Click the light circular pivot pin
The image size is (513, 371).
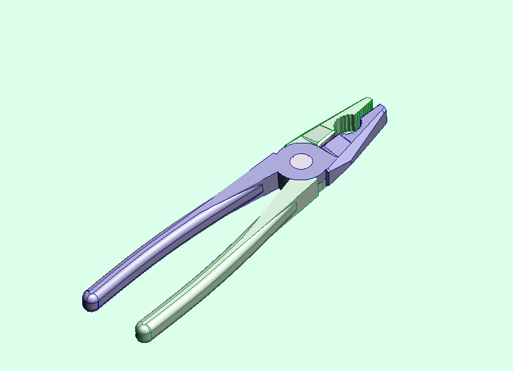(302, 161)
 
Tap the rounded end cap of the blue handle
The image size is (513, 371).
(91, 301)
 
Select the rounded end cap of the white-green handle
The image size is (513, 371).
(144, 330)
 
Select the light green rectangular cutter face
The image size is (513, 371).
(318, 133)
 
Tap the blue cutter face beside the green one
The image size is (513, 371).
(338, 145)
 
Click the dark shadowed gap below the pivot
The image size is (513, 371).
(282, 181)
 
